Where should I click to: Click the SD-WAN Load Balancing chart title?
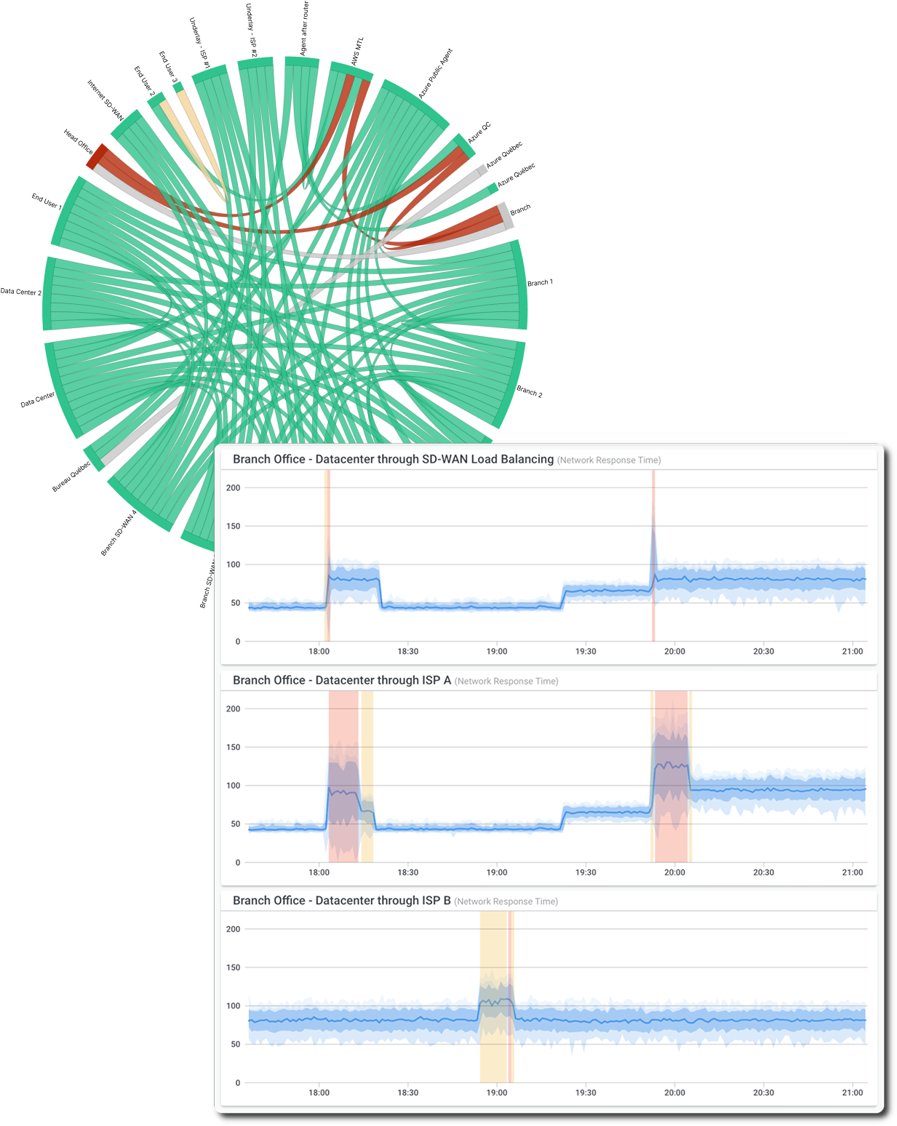click(x=393, y=460)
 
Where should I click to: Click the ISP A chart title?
click(x=342, y=680)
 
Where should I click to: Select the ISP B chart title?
click(x=342, y=901)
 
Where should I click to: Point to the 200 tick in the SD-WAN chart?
click(x=233, y=488)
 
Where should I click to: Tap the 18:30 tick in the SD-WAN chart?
click(x=408, y=652)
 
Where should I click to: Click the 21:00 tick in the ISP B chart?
click(x=853, y=1093)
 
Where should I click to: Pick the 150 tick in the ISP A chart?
click(x=233, y=747)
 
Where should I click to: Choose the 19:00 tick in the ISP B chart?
click(x=497, y=1093)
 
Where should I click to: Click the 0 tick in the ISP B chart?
click(x=237, y=1083)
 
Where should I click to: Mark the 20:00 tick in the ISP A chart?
click(x=674, y=872)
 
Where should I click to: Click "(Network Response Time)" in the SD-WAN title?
click(x=609, y=460)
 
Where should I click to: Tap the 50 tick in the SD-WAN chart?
click(x=235, y=603)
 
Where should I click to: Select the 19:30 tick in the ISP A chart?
click(x=586, y=872)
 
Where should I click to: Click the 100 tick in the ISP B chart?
click(x=233, y=1006)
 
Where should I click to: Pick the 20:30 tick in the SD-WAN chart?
click(x=763, y=652)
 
